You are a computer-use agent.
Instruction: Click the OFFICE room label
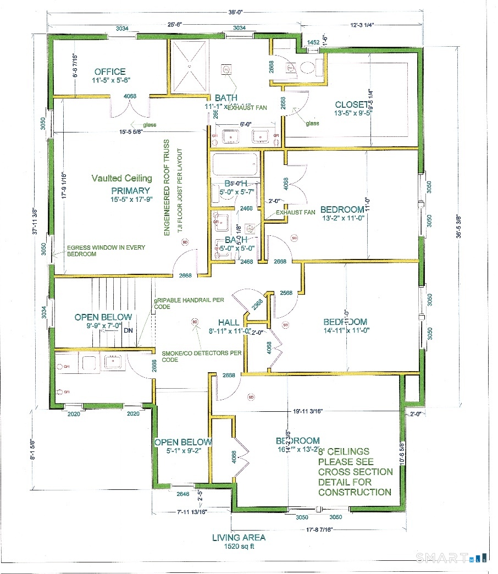[x=110, y=71]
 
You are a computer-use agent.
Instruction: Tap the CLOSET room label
[x=352, y=104]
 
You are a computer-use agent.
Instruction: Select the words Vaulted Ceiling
[x=122, y=178]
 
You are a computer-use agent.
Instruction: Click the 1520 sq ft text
[x=239, y=547]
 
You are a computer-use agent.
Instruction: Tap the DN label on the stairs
[x=128, y=330]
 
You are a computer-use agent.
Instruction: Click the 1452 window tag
[x=313, y=42]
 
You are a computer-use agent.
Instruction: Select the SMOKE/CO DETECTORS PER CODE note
[x=201, y=356]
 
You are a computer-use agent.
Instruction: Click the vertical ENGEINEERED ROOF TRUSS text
[x=166, y=189]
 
